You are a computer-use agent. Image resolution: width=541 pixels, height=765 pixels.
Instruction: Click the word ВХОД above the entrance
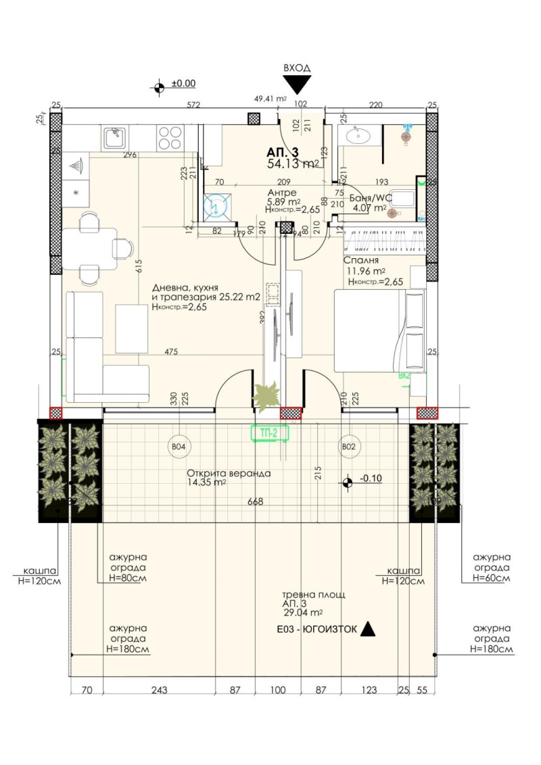coord(297,68)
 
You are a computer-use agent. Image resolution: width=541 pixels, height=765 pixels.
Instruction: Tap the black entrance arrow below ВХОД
coord(297,84)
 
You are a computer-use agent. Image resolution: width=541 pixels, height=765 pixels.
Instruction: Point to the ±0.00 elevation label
coord(183,84)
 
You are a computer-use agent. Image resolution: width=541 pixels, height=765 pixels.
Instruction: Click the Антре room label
coord(282,192)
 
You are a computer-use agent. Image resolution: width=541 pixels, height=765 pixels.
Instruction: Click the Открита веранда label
coord(229,474)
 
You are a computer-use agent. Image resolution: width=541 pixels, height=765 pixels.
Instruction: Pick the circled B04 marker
coord(179,447)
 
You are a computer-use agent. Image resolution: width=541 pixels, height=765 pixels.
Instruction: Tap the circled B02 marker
coord(348,447)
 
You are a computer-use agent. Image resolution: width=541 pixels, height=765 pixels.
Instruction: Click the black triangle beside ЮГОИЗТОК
coord(367,629)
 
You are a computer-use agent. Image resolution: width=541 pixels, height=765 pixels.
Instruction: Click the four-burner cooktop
coord(170,139)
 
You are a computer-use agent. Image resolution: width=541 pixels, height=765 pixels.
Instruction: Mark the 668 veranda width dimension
coord(254,501)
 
